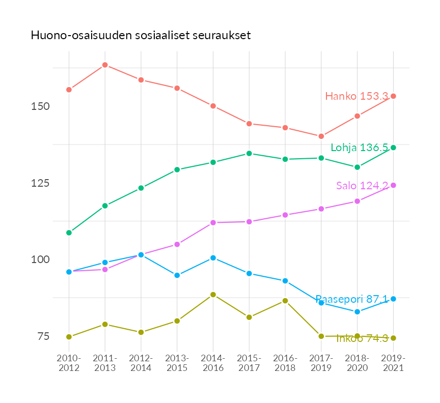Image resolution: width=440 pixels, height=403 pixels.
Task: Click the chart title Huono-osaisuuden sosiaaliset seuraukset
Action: [x=141, y=36]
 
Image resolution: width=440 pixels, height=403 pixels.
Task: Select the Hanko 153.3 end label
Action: [x=356, y=96]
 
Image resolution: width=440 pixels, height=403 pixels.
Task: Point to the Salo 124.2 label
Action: [x=362, y=186]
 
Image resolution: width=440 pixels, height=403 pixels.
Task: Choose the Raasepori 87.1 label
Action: [x=352, y=299]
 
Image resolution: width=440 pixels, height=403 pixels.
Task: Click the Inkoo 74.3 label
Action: [x=362, y=338]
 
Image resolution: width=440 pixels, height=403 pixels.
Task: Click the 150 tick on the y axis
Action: [x=41, y=106]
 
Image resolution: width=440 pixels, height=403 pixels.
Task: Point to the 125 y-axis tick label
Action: [x=41, y=183]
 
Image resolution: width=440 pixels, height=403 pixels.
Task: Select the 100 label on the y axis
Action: [x=41, y=260]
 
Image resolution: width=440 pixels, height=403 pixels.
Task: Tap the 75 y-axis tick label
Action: [x=43, y=336]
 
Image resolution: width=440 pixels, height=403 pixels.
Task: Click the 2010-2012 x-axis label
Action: [x=69, y=363]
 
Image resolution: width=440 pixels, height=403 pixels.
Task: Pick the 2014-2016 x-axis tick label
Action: [x=213, y=363]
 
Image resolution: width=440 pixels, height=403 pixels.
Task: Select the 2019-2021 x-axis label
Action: [x=393, y=363]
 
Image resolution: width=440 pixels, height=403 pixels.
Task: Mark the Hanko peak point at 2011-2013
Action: [x=105, y=65]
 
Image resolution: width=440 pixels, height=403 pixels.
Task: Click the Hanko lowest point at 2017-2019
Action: [x=321, y=136]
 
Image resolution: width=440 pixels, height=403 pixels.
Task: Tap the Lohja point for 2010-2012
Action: [x=69, y=233]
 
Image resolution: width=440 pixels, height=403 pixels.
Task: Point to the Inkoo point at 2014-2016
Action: [x=213, y=295]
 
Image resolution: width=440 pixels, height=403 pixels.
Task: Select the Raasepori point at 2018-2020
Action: [x=357, y=311]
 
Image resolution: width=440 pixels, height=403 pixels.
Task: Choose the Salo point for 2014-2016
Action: [x=213, y=222]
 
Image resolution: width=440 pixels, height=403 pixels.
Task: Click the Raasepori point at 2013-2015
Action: [x=177, y=275]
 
